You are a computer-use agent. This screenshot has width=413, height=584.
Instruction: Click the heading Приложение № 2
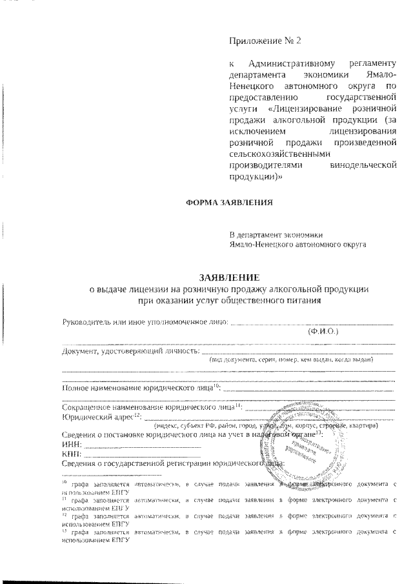tap(265, 41)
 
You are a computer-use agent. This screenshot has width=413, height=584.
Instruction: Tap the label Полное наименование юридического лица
tap(141, 388)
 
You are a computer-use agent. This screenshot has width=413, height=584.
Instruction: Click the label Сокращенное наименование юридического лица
tap(152, 407)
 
